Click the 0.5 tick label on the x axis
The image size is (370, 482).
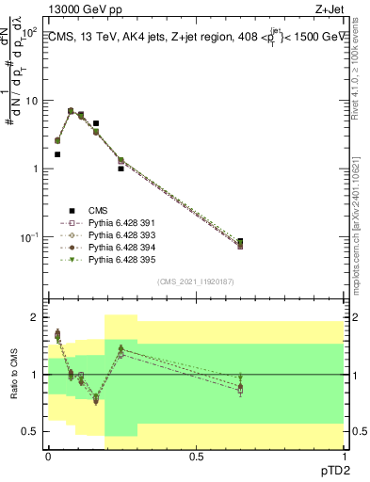click(x=196, y=455)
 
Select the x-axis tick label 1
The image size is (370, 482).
click(x=344, y=455)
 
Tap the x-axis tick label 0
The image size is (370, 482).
click(x=48, y=455)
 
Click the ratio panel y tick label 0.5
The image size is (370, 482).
click(x=29, y=431)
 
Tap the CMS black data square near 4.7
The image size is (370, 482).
click(x=96, y=123)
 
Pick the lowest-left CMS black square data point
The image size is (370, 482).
click(x=57, y=154)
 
